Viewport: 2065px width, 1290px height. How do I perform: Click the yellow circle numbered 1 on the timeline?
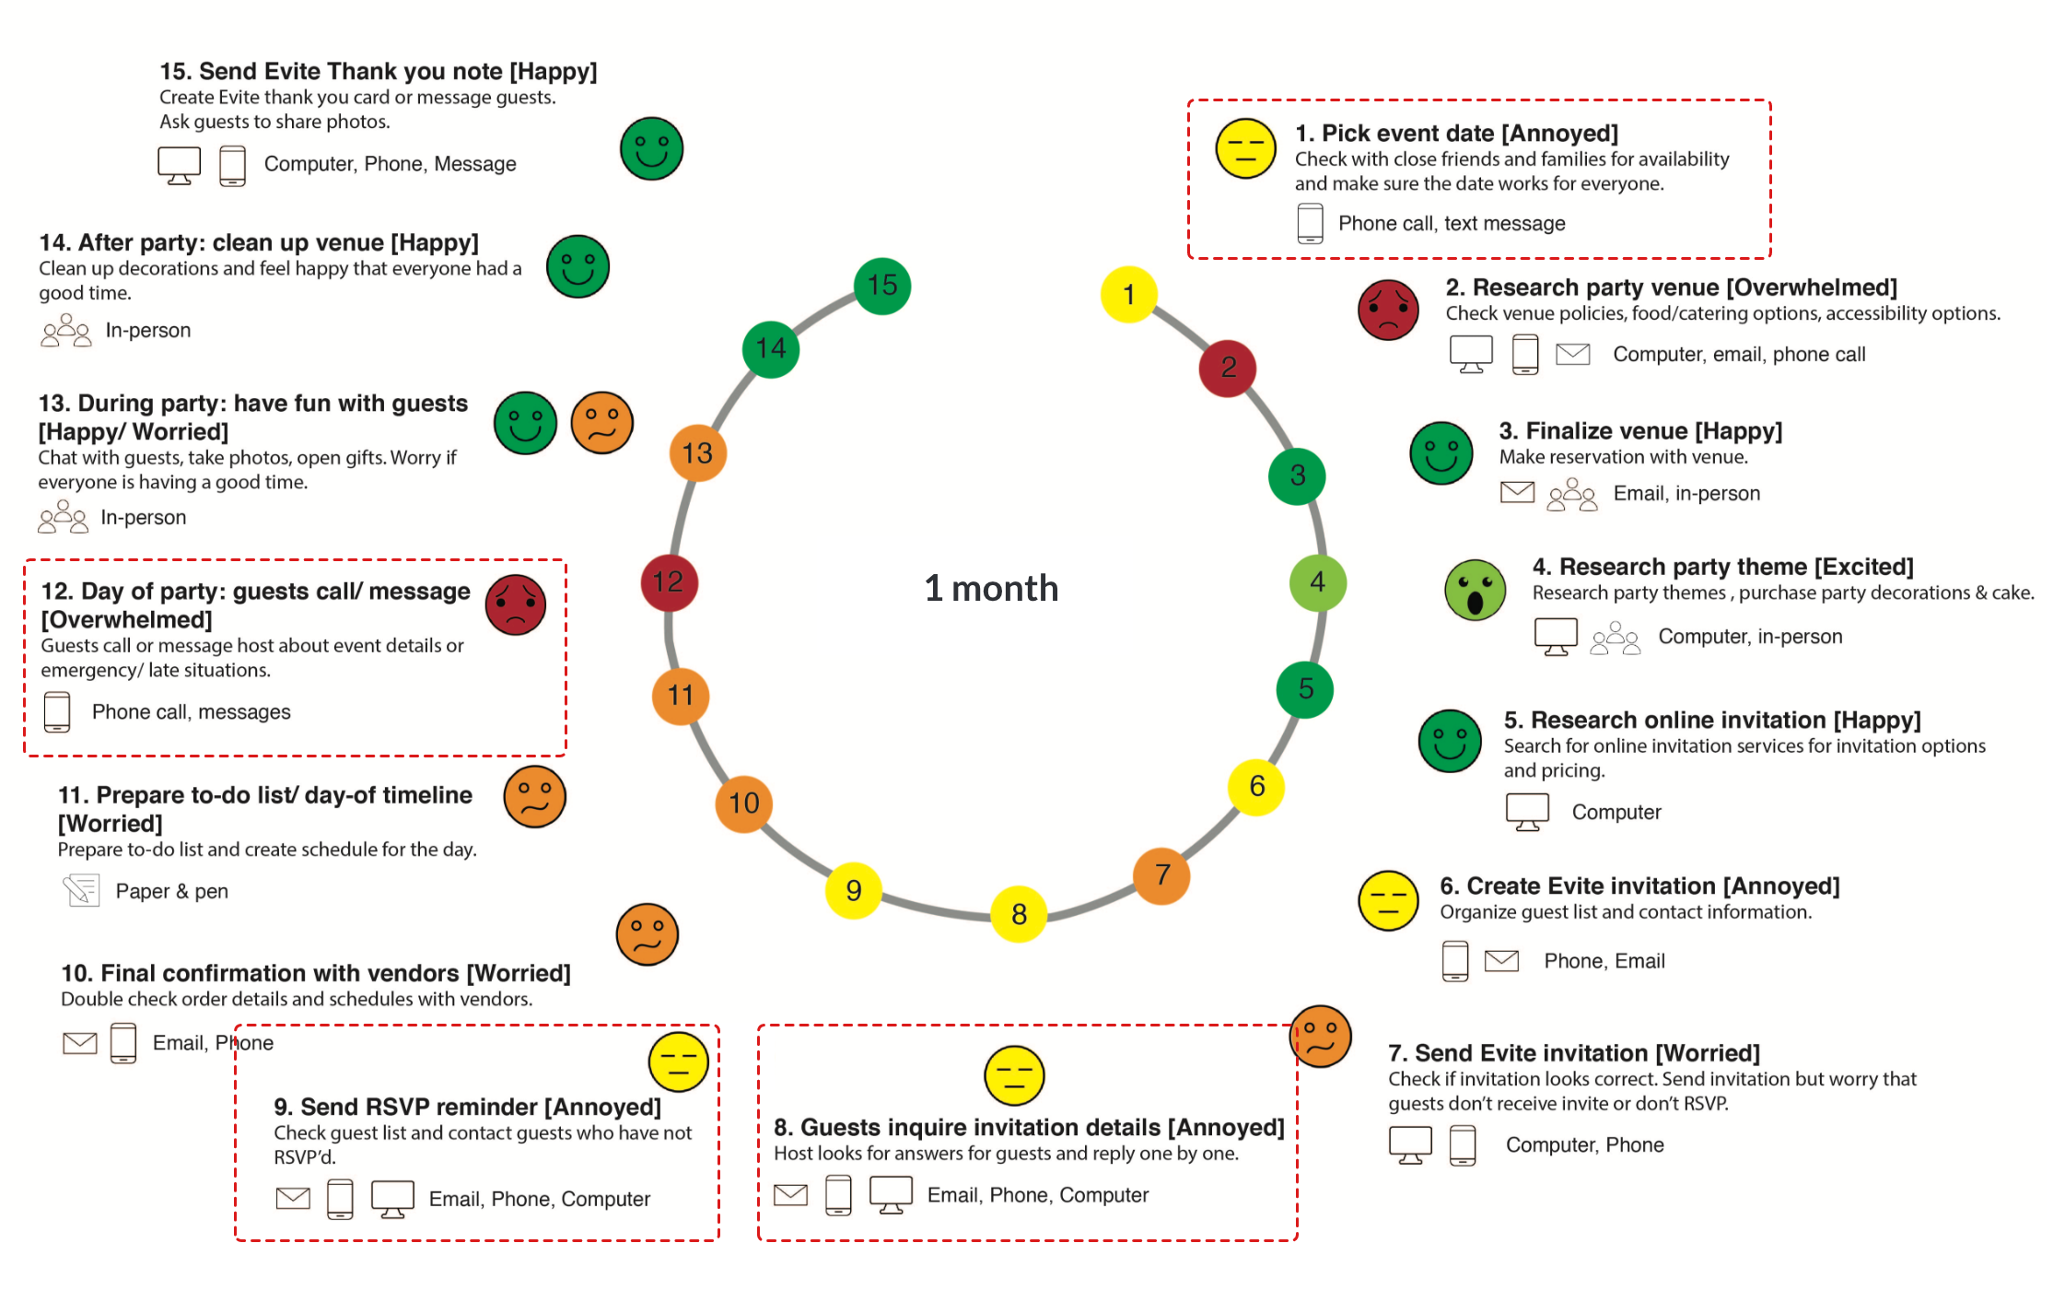1128,295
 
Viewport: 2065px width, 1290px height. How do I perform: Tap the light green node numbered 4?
1318,582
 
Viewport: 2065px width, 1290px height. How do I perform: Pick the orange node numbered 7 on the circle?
1161,875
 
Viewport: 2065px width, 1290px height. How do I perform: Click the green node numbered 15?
882,286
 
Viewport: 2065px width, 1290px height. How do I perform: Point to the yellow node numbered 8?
1019,914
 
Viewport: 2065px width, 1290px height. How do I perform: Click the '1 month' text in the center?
991,588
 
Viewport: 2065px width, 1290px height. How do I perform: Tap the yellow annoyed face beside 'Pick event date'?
1245,148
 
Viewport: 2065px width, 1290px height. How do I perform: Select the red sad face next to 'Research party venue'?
1388,310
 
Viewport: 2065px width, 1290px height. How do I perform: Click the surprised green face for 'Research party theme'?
1476,590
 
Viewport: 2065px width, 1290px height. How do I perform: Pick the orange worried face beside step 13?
602,423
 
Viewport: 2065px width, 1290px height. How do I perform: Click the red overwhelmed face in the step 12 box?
516,604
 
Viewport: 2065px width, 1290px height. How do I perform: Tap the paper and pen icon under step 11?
81,890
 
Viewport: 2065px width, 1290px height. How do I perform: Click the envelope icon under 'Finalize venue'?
1517,493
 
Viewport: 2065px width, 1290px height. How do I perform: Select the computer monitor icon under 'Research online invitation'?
1527,812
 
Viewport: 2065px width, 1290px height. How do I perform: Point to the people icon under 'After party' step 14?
66,330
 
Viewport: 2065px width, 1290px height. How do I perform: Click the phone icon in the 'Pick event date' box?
1310,224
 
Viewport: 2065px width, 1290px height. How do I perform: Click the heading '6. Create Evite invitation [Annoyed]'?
1639,886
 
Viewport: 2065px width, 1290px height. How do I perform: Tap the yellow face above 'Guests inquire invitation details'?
1014,1075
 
